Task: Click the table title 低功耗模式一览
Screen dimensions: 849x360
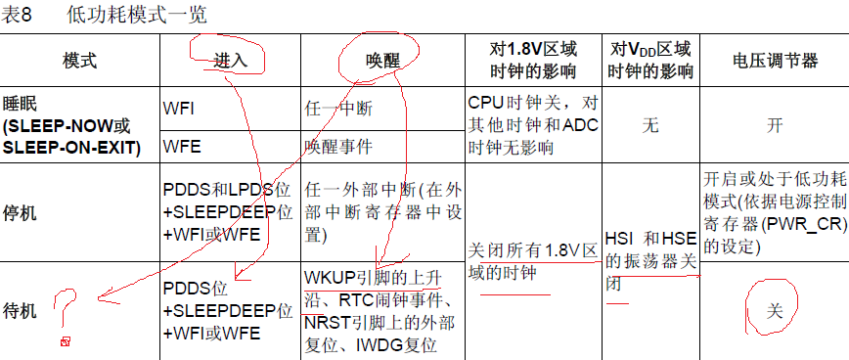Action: (x=137, y=15)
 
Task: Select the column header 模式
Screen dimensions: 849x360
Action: (x=79, y=61)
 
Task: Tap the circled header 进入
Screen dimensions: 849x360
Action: (x=230, y=60)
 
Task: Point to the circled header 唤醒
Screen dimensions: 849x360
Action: (x=382, y=61)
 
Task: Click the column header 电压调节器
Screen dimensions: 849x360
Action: (x=775, y=61)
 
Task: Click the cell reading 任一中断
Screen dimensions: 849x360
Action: (x=338, y=110)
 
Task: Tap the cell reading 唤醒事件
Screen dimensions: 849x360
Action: (x=338, y=147)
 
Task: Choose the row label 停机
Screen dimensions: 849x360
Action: (x=20, y=212)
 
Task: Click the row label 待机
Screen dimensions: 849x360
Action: (x=20, y=311)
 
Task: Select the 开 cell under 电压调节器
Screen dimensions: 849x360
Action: (x=775, y=126)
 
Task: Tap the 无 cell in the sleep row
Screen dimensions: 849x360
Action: (x=650, y=126)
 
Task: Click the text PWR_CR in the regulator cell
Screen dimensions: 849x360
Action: (x=802, y=226)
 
